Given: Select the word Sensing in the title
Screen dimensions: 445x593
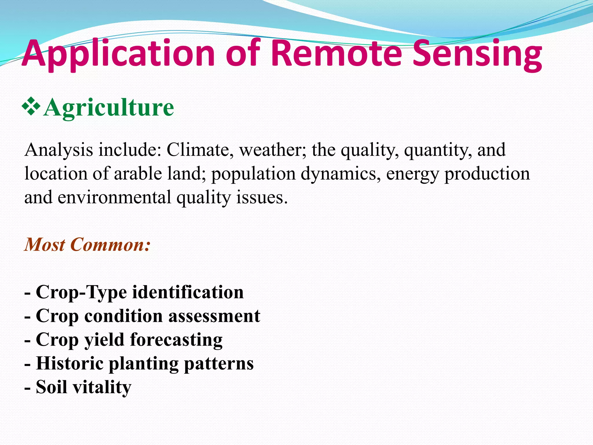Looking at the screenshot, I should coord(477,54).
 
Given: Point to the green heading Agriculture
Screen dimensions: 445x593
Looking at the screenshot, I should coord(109,107).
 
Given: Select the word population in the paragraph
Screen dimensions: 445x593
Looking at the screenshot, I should coord(253,174).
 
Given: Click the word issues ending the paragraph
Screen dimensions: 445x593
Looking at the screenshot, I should coord(262,198).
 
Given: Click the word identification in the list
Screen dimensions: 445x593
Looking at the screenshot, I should coord(188,292).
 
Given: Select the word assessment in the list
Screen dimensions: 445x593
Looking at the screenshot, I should coord(214,316).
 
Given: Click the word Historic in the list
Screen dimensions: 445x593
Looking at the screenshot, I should coord(70,363).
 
